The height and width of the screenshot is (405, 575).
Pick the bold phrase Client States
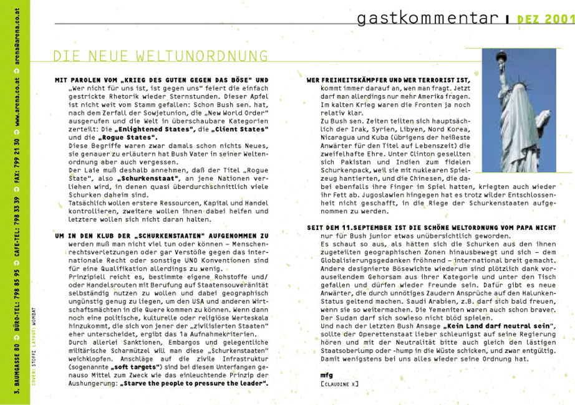click(243, 128)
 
